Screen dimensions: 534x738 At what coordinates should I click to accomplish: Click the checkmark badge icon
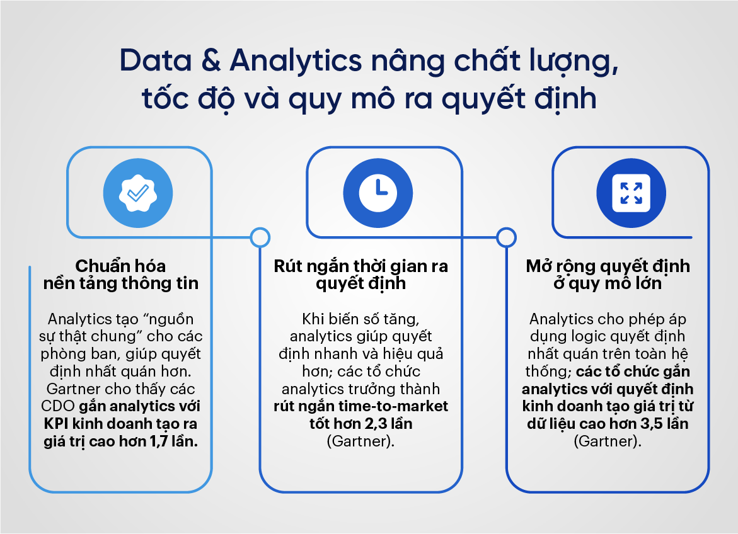coord(137,193)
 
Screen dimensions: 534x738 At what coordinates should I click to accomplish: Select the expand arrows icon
coord(631,193)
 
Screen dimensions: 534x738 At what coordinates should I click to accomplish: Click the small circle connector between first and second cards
coord(259,237)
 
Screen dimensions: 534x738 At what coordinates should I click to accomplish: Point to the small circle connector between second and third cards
coord(506,237)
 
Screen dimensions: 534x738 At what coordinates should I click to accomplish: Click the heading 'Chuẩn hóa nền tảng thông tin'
coord(121,275)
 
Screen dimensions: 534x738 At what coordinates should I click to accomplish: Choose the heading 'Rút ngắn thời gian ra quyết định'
coord(360,275)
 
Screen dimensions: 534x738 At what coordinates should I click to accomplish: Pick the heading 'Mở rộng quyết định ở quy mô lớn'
coord(608,275)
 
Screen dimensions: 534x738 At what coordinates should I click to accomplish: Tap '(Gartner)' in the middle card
coord(360,441)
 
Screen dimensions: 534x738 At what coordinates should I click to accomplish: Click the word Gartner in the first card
coord(74,389)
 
